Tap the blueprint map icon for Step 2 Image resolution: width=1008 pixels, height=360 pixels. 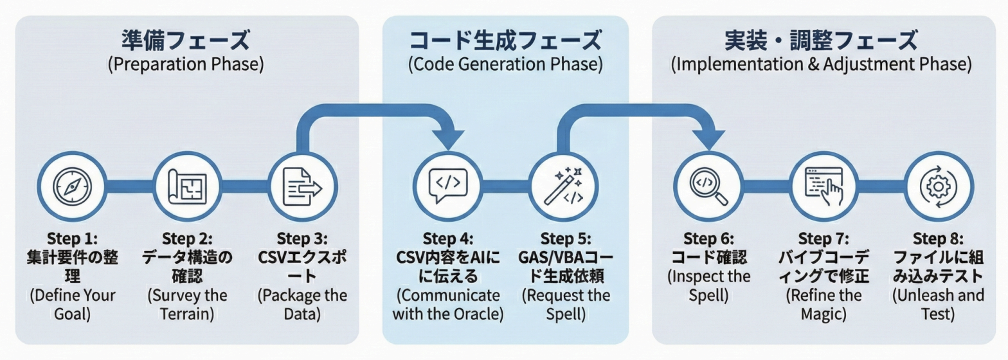[x=184, y=186]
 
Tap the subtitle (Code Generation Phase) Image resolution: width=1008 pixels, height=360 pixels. [x=505, y=65]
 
